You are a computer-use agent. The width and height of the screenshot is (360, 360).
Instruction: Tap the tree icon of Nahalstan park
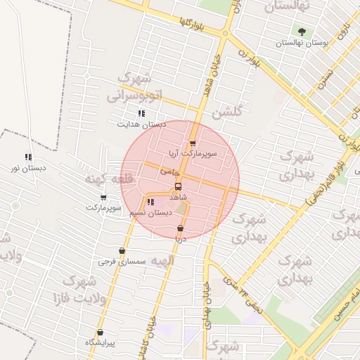[302, 32]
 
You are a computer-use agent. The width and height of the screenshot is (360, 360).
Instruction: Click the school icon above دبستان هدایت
[141, 113]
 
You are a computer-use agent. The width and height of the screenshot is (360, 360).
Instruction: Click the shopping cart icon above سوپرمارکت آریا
[193, 143]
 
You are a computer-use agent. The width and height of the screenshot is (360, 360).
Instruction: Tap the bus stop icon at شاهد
[178, 187]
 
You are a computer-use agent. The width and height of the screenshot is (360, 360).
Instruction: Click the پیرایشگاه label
[100, 342]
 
